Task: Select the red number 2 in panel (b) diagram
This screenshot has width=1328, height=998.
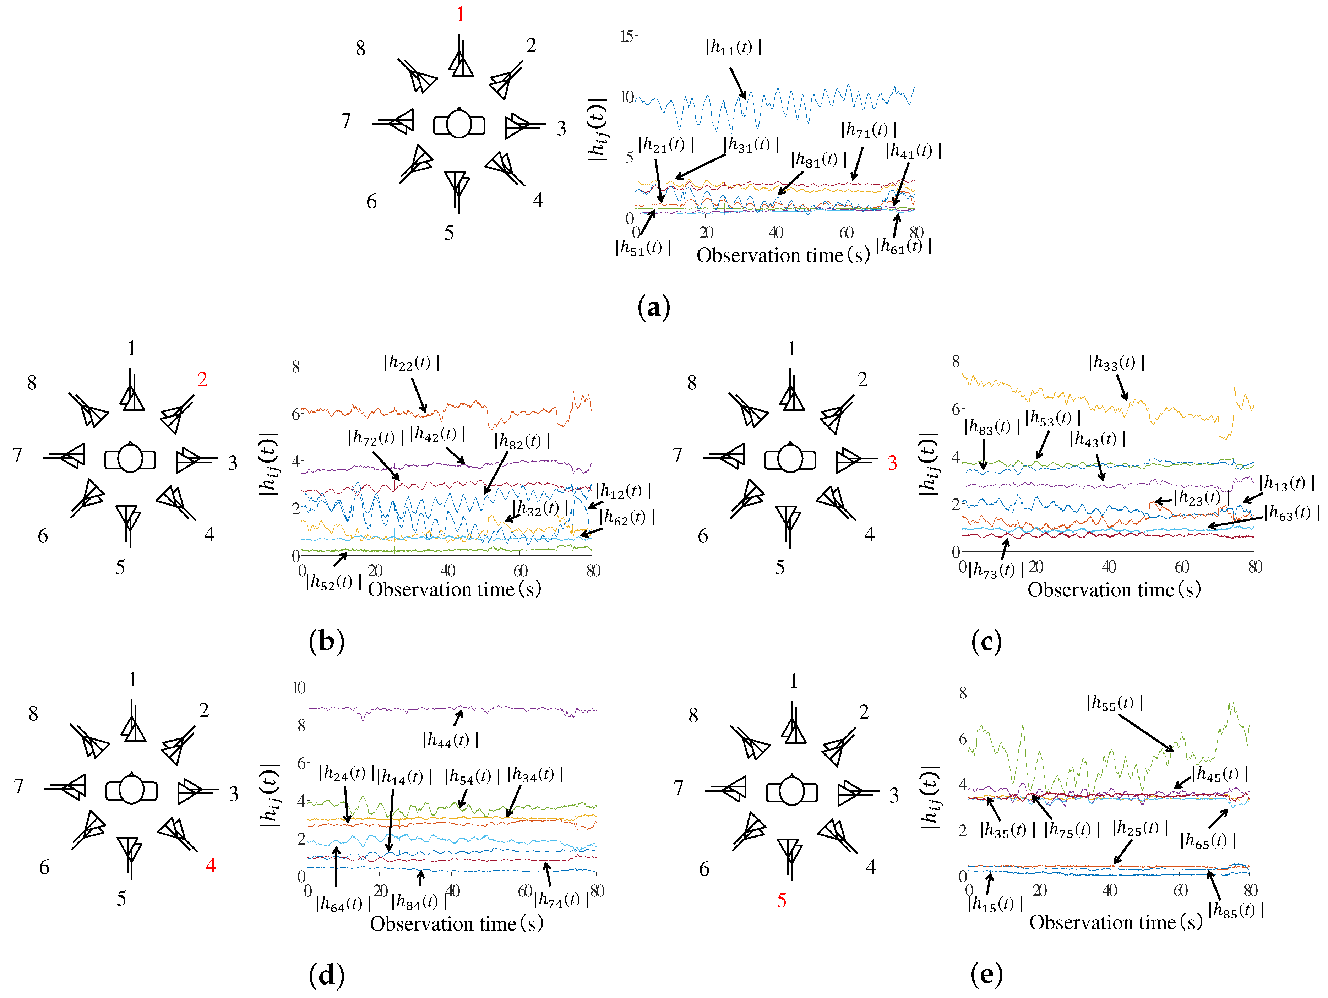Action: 202,379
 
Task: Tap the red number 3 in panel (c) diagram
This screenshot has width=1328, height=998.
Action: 892,463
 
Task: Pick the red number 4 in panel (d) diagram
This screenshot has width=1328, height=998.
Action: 210,865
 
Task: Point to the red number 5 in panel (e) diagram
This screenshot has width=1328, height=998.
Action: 781,900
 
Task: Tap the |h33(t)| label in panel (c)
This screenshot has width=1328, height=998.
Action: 1116,362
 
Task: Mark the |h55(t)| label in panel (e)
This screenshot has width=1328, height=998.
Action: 1114,703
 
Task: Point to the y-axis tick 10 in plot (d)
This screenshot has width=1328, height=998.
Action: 298,688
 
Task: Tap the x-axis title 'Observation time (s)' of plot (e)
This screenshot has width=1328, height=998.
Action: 1115,922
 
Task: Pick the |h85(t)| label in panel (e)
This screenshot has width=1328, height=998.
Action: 1236,910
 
